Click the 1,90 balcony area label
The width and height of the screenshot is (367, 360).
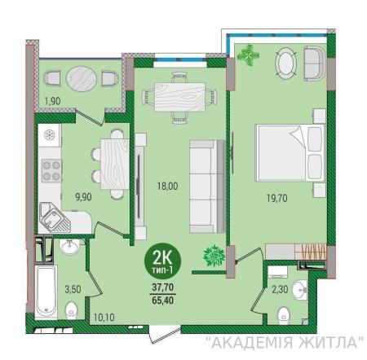pos(53,101)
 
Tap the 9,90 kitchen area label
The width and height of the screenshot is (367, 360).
pos(83,196)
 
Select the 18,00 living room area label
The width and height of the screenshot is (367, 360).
pos(167,186)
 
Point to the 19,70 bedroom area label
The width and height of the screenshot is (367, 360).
pos(276,198)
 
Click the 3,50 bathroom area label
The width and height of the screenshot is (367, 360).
pos(73,289)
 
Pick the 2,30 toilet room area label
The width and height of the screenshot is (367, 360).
pos(280,289)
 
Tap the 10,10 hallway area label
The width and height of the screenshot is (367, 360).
pos(104,317)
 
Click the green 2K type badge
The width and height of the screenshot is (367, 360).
pos(162,261)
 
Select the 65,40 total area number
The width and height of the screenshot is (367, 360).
pos(163,301)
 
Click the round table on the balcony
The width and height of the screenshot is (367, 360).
pos(82,79)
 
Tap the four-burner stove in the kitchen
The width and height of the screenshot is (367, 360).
pos(51,171)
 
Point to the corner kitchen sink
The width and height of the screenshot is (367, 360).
pos(55,217)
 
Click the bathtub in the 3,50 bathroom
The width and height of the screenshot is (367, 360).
pos(46,292)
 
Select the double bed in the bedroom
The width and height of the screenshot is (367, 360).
pos(290,153)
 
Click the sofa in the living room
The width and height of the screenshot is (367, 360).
pos(207,187)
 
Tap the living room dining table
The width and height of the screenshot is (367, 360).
pos(179,97)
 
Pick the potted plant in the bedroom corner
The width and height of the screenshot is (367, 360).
pos(248,55)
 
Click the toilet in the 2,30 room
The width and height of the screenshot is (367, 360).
pos(284,315)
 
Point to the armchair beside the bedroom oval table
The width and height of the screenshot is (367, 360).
pos(315,64)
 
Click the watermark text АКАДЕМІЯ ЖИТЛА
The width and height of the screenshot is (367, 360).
pos(285,343)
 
